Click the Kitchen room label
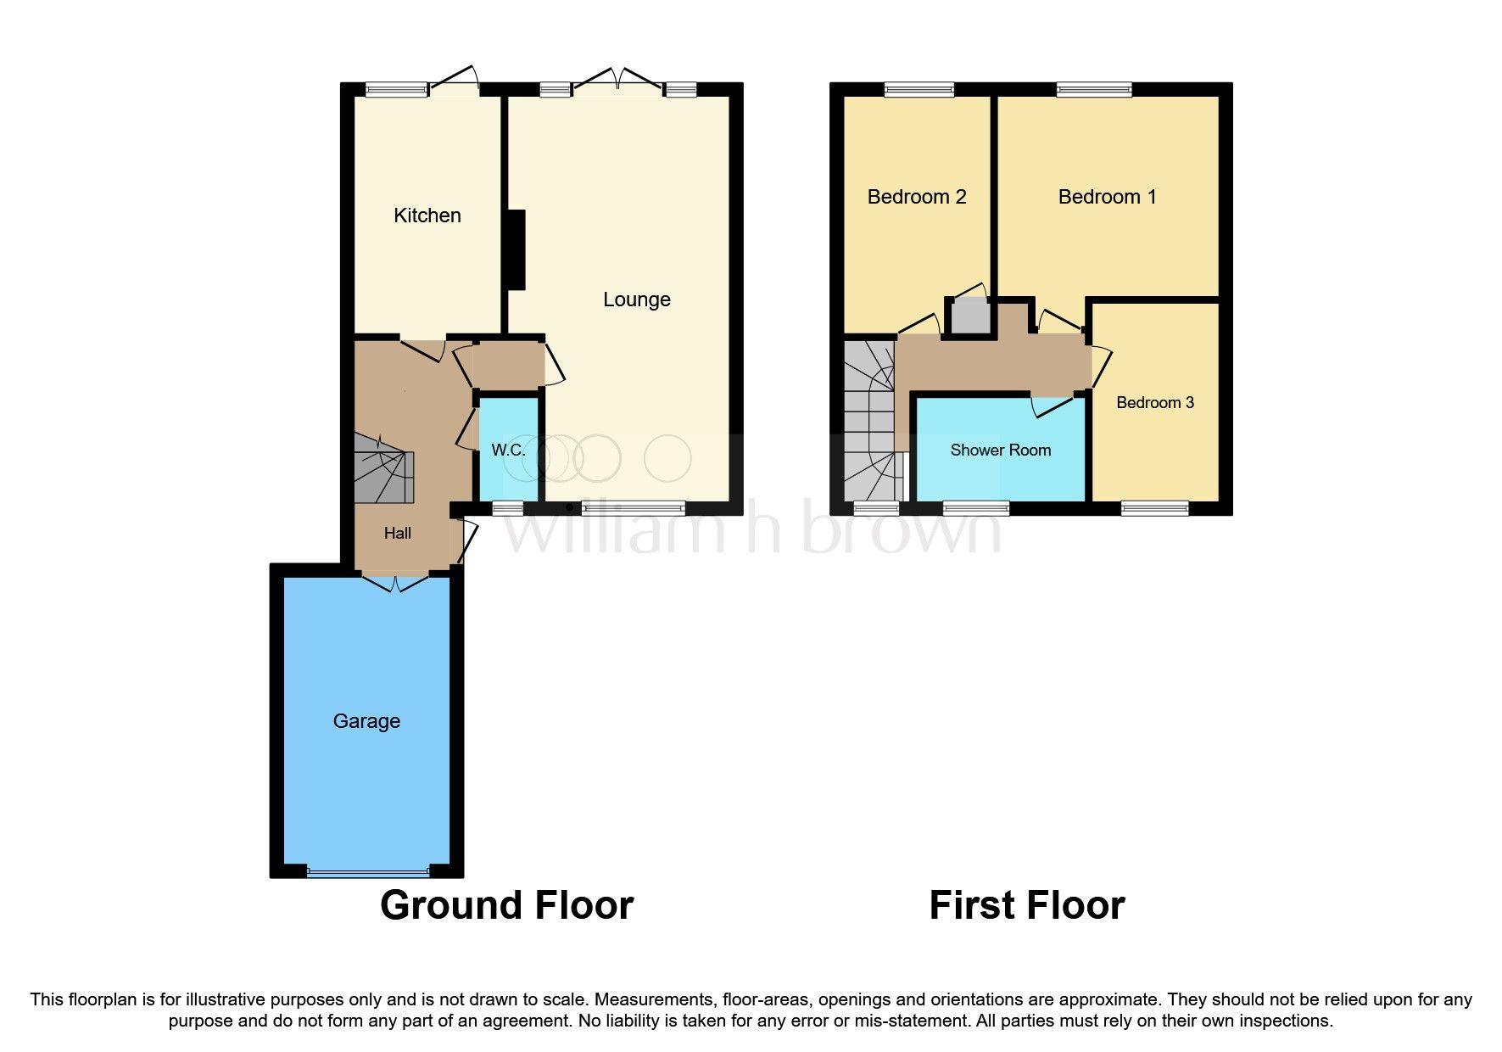point(427,215)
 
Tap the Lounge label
point(636,299)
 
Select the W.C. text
point(508,450)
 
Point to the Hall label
point(397,533)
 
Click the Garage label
point(366,721)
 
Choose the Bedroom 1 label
point(1107,197)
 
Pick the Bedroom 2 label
point(916,197)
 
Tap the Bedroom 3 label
point(1154,402)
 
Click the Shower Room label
point(1000,450)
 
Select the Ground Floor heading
point(506,905)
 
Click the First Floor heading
point(1026,905)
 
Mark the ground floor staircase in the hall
point(383,470)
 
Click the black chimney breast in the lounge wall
point(516,249)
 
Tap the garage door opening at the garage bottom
point(368,871)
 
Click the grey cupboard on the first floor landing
point(970,316)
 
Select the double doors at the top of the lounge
point(617,84)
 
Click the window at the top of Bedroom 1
point(1093,89)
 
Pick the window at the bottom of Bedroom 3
point(1154,508)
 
